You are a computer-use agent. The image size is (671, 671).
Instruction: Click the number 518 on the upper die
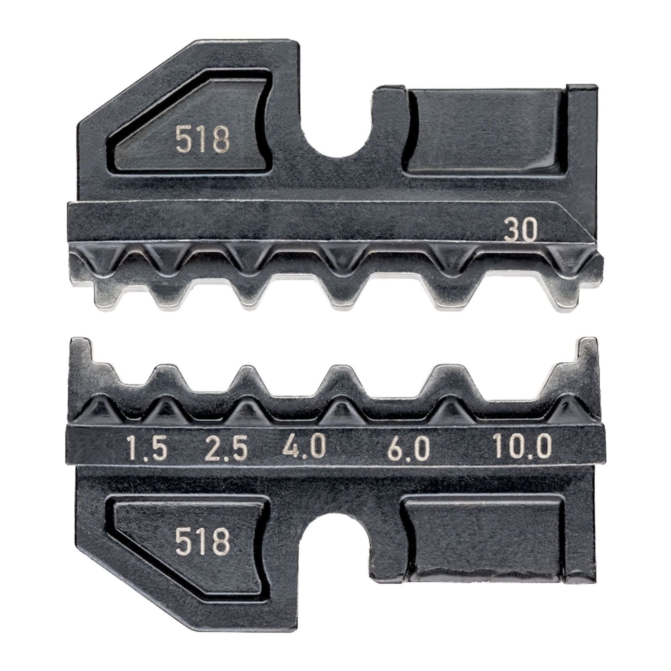[x=203, y=140]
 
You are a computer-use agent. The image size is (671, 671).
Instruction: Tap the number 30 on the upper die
[x=520, y=231]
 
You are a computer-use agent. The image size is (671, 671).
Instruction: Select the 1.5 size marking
[x=147, y=448]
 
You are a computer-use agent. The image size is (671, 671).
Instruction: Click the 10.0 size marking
[x=521, y=448]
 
